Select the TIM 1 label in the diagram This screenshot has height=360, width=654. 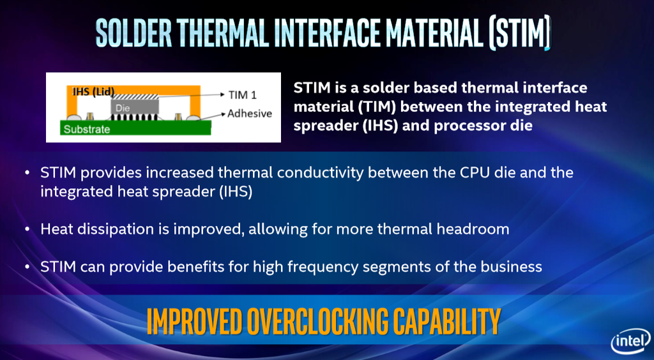242,95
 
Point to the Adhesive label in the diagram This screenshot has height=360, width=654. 250,114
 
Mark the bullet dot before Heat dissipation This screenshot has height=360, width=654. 26,229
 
